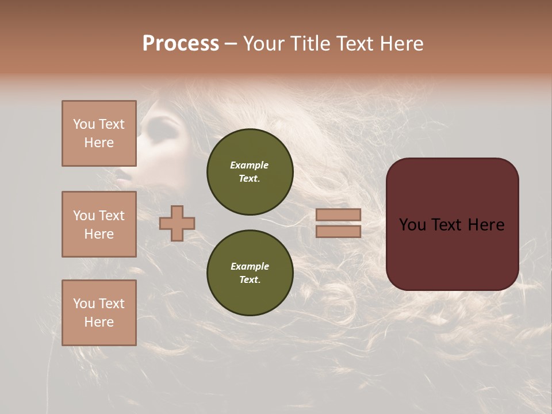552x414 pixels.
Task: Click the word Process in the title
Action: (181, 43)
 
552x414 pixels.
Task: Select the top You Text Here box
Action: (99, 133)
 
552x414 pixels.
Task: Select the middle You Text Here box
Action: (99, 224)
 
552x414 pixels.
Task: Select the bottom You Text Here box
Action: (99, 313)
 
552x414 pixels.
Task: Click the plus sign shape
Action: (177, 223)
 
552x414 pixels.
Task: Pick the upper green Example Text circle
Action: (250, 172)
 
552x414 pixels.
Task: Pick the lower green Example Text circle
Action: (250, 273)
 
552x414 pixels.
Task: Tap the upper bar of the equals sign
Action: (339, 215)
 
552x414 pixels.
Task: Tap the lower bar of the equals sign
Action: (339, 231)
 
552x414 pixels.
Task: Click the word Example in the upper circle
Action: (250, 165)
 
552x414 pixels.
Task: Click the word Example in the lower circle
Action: (250, 266)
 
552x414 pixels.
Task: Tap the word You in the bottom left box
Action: (84, 304)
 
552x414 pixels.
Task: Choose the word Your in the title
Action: (264, 43)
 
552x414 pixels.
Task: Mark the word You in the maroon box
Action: (412, 225)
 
